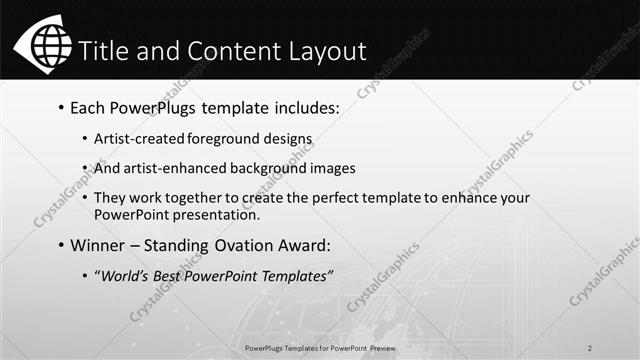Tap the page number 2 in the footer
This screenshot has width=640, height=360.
[590, 348]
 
